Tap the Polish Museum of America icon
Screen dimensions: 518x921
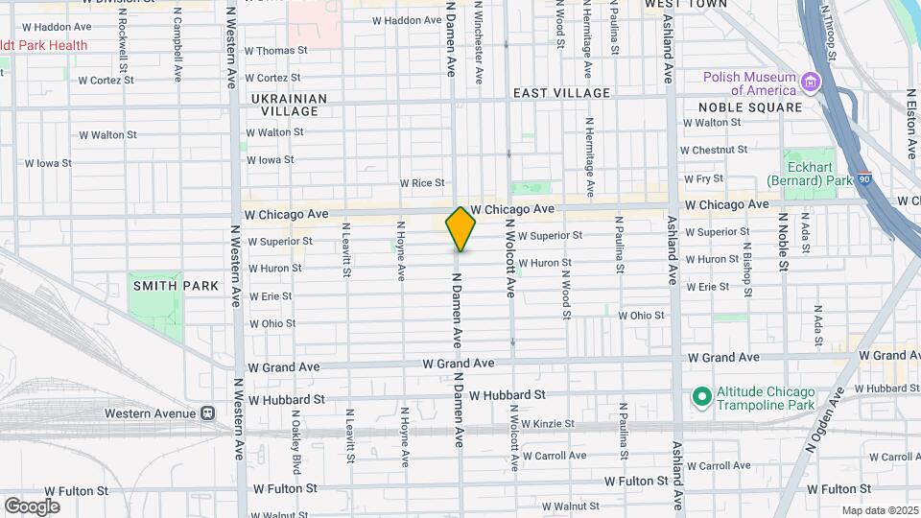coord(811,83)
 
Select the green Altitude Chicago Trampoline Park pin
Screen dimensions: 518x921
coord(701,394)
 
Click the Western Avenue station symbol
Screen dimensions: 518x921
coord(206,412)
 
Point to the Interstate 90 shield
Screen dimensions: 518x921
coord(864,178)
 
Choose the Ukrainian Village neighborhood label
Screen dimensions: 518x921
coord(289,105)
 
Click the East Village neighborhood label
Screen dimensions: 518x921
coord(561,93)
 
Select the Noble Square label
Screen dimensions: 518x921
coord(750,107)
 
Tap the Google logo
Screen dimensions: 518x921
coord(32,506)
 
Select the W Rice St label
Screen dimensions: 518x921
coord(422,182)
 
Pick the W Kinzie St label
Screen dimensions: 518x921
coord(542,423)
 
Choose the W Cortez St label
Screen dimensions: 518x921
coord(272,78)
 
